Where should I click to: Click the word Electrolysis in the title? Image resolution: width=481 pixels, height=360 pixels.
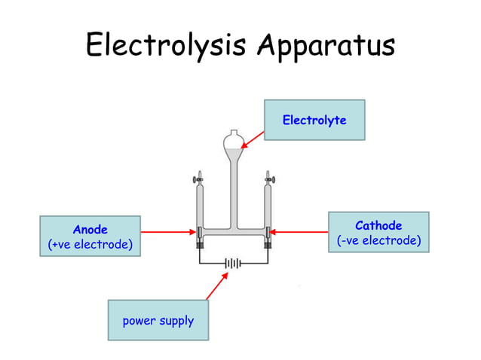[167, 45]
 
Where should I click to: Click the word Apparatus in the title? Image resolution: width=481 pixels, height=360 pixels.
[326, 45]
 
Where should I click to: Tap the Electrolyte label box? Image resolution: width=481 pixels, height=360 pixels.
[314, 120]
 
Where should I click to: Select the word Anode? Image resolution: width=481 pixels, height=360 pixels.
[90, 229]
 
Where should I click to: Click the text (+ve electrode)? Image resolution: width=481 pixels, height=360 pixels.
[90, 245]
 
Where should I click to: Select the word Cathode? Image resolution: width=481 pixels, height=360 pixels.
[378, 225]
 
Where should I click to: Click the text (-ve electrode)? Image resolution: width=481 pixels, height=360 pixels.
[378, 241]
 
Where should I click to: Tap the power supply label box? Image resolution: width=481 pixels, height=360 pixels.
[158, 321]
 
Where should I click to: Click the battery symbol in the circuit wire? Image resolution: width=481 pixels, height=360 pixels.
[234, 264]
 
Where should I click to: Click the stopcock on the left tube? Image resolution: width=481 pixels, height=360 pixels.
[199, 179]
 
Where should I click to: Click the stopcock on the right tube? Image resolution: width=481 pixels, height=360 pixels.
[268, 179]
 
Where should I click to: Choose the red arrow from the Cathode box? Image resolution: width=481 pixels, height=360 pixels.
[299, 232]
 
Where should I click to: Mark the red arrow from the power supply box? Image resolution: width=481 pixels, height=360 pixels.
[216, 286]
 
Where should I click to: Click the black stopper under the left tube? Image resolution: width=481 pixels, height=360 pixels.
[200, 245]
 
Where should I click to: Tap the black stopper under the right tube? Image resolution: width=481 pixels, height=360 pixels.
[268, 245]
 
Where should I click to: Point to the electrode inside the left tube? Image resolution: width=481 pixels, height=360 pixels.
[200, 232]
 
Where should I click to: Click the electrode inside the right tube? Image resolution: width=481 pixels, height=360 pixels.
[268, 232]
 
